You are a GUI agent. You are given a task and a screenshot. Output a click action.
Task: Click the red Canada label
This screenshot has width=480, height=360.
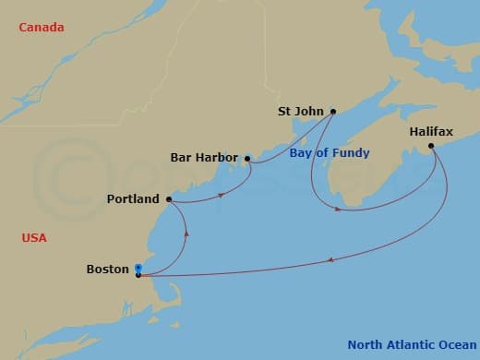pyautogui.click(x=42, y=28)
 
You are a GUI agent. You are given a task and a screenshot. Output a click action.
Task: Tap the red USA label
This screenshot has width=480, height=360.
pyautogui.click(x=34, y=238)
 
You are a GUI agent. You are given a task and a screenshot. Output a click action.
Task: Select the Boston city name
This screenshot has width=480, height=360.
pyautogui.click(x=107, y=270)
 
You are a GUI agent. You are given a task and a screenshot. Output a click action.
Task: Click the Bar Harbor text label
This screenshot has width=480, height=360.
pyautogui.click(x=204, y=158)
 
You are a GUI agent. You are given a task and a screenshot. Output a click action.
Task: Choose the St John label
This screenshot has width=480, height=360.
pyautogui.click(x=301, y=112)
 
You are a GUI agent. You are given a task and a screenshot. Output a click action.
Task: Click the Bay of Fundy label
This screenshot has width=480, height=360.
pyautogui.click(x=330, y=153)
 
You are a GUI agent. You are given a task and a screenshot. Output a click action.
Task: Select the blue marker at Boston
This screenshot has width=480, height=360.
pyautogui.click(x=138, y=268)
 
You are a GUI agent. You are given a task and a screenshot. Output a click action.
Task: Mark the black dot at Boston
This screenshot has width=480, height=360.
pyautogui.click(x=138, y=275)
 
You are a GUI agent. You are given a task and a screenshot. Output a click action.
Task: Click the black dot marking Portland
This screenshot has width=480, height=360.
pyautogui.click(x=169, y=199)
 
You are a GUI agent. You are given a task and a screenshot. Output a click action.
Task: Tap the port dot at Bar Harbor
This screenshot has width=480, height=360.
pyautogui.click(x=247, y=159)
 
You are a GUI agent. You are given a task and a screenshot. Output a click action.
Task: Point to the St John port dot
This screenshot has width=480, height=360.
pyautogui.click(x=332, y=112)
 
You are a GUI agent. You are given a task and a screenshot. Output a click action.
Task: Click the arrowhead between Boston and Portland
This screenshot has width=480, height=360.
pyautogui.click(x=188, y=234)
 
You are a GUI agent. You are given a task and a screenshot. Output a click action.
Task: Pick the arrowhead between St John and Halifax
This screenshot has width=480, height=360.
pyautogui.click(x=339, y=210)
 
